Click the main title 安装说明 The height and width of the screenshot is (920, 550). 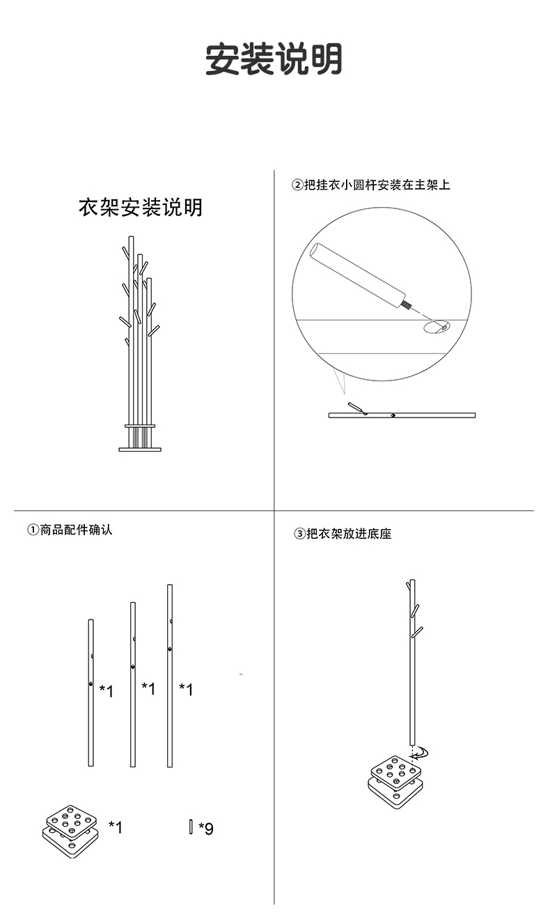coord(274,59)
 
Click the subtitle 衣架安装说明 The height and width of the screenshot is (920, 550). coord(141,208)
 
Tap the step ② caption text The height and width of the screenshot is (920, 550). coord(370,185)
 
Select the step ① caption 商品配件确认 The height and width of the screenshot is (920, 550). coord(70,530)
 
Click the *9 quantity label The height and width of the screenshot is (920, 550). coord(206,829)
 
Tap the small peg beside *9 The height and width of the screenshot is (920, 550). coord(190,827)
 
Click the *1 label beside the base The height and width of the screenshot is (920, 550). coord(115,827)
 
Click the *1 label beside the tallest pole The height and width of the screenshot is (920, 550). coord(186,689)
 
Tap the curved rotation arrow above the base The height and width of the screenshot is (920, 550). coord(421,752)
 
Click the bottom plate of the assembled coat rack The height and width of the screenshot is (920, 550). coord(140,450)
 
